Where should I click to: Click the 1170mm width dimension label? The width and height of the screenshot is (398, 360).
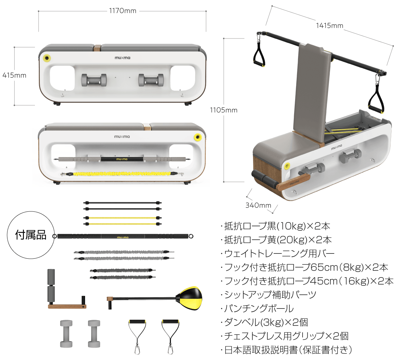click(123, 11)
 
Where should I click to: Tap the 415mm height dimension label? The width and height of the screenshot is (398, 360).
click(14, 75)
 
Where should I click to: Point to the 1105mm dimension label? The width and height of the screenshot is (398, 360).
click(224, 110)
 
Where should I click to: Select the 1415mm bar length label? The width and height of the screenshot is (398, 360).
click(329, 26)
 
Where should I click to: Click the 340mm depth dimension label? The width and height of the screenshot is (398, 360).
click(258, 205)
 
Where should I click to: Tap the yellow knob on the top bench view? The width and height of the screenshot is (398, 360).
click(47, 58)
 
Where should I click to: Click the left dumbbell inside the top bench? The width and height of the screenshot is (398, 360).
click(94, 80)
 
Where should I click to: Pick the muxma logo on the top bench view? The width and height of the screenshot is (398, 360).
click(122, 58)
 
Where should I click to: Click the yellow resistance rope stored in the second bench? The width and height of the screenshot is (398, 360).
click(122, 174)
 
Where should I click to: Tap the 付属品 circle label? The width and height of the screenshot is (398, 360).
click(31, 235)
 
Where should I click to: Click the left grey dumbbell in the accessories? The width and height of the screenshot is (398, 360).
click(66, 333)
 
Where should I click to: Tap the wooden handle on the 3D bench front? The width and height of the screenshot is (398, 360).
click(293, 182)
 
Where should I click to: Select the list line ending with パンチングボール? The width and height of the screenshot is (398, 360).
click(257, 309)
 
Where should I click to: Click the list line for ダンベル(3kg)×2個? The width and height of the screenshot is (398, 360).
click(264, 322)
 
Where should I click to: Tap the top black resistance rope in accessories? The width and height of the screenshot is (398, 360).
click(122, 203)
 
